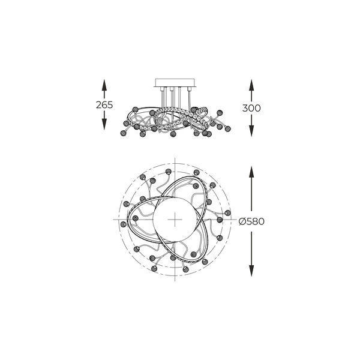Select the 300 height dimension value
(x=251, y=108)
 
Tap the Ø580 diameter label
(x=251, y=221)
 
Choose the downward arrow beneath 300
(x=251, y=128)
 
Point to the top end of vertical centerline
(x=175, y=159)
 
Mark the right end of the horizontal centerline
(x=235, y=220)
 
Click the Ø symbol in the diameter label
(x=241, y=221)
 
